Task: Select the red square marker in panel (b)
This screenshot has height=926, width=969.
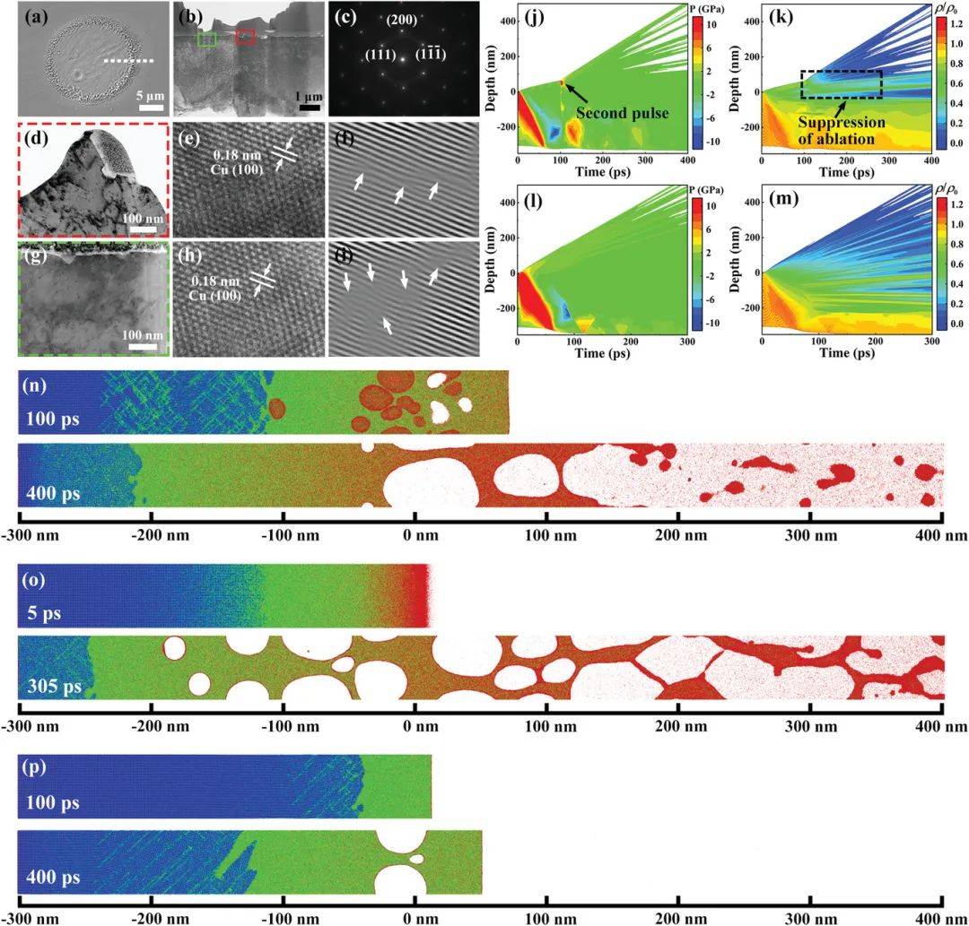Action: click(x=245, y=38)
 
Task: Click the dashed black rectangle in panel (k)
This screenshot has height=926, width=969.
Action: click(x=842, y=84)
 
